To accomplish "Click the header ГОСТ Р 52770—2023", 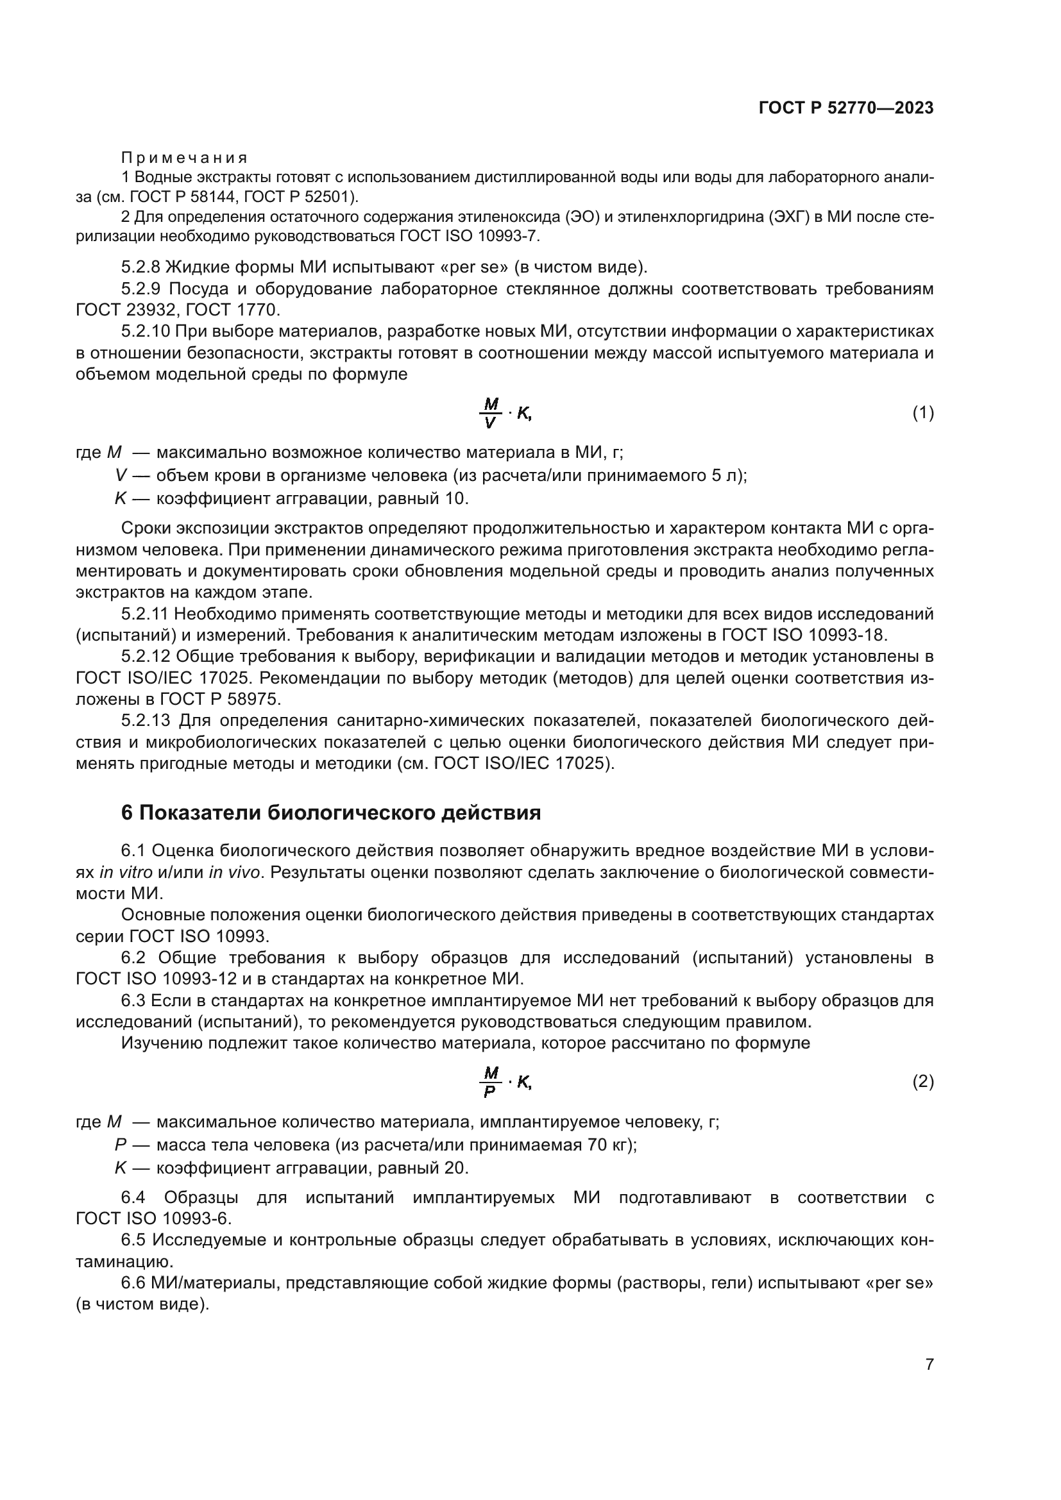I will [845, 108].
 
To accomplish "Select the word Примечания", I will [184, 158].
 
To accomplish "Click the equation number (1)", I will [922, 413].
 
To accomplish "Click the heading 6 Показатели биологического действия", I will [331, 813].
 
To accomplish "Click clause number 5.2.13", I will [146, 721].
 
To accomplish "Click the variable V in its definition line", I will [120, 476].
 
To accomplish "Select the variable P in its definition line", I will [120, 1145].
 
